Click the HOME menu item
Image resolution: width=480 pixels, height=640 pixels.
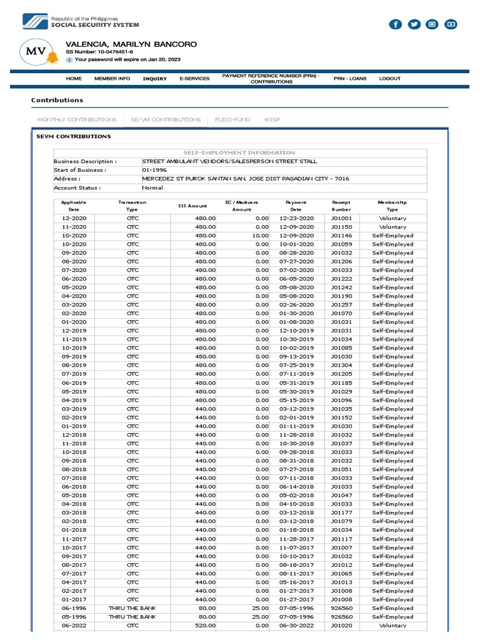pos(74,79)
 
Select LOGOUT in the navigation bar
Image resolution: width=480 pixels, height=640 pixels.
pos(389,79)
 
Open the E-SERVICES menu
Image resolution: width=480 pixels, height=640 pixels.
pos(194,79)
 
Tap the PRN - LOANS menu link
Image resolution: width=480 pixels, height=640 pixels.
pos(350,79)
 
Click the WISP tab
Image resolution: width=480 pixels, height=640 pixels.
pos(272,119)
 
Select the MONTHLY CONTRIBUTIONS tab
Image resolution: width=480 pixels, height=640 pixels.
pos(77,119)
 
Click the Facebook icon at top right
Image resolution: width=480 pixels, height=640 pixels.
pos(395,24)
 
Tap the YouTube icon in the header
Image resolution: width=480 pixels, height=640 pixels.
pos(451,24)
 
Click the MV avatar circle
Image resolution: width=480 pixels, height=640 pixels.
pos(35,54)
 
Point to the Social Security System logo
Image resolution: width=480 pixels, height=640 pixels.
pos(35,21)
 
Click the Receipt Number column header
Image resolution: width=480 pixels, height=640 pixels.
pos(341,206)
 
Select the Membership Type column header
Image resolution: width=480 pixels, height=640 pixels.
pos(392,206)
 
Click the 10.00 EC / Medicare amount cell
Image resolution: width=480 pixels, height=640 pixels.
pos(260,236)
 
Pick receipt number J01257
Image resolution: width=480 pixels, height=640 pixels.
pos(341,305)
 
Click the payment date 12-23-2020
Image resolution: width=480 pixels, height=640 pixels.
pos(296,218)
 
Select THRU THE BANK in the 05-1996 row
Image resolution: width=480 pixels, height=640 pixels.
pos(132,616)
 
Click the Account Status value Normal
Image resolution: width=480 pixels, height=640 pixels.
pos(152,187)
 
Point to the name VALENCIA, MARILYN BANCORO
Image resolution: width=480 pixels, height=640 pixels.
pos(131,44)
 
